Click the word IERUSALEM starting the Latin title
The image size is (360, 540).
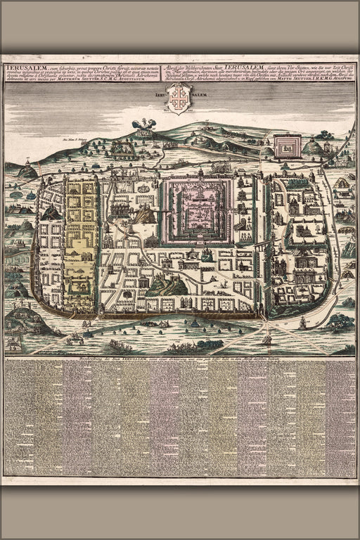(x=21, y=67)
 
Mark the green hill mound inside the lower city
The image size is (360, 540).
(x=167, y=285)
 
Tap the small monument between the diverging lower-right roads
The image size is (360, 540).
(x=266, y=340)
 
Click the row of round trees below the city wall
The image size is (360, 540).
(x=190, y=345)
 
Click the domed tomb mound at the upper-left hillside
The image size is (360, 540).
(x=27, y=171)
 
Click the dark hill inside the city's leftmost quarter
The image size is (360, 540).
(x=51, y=212)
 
